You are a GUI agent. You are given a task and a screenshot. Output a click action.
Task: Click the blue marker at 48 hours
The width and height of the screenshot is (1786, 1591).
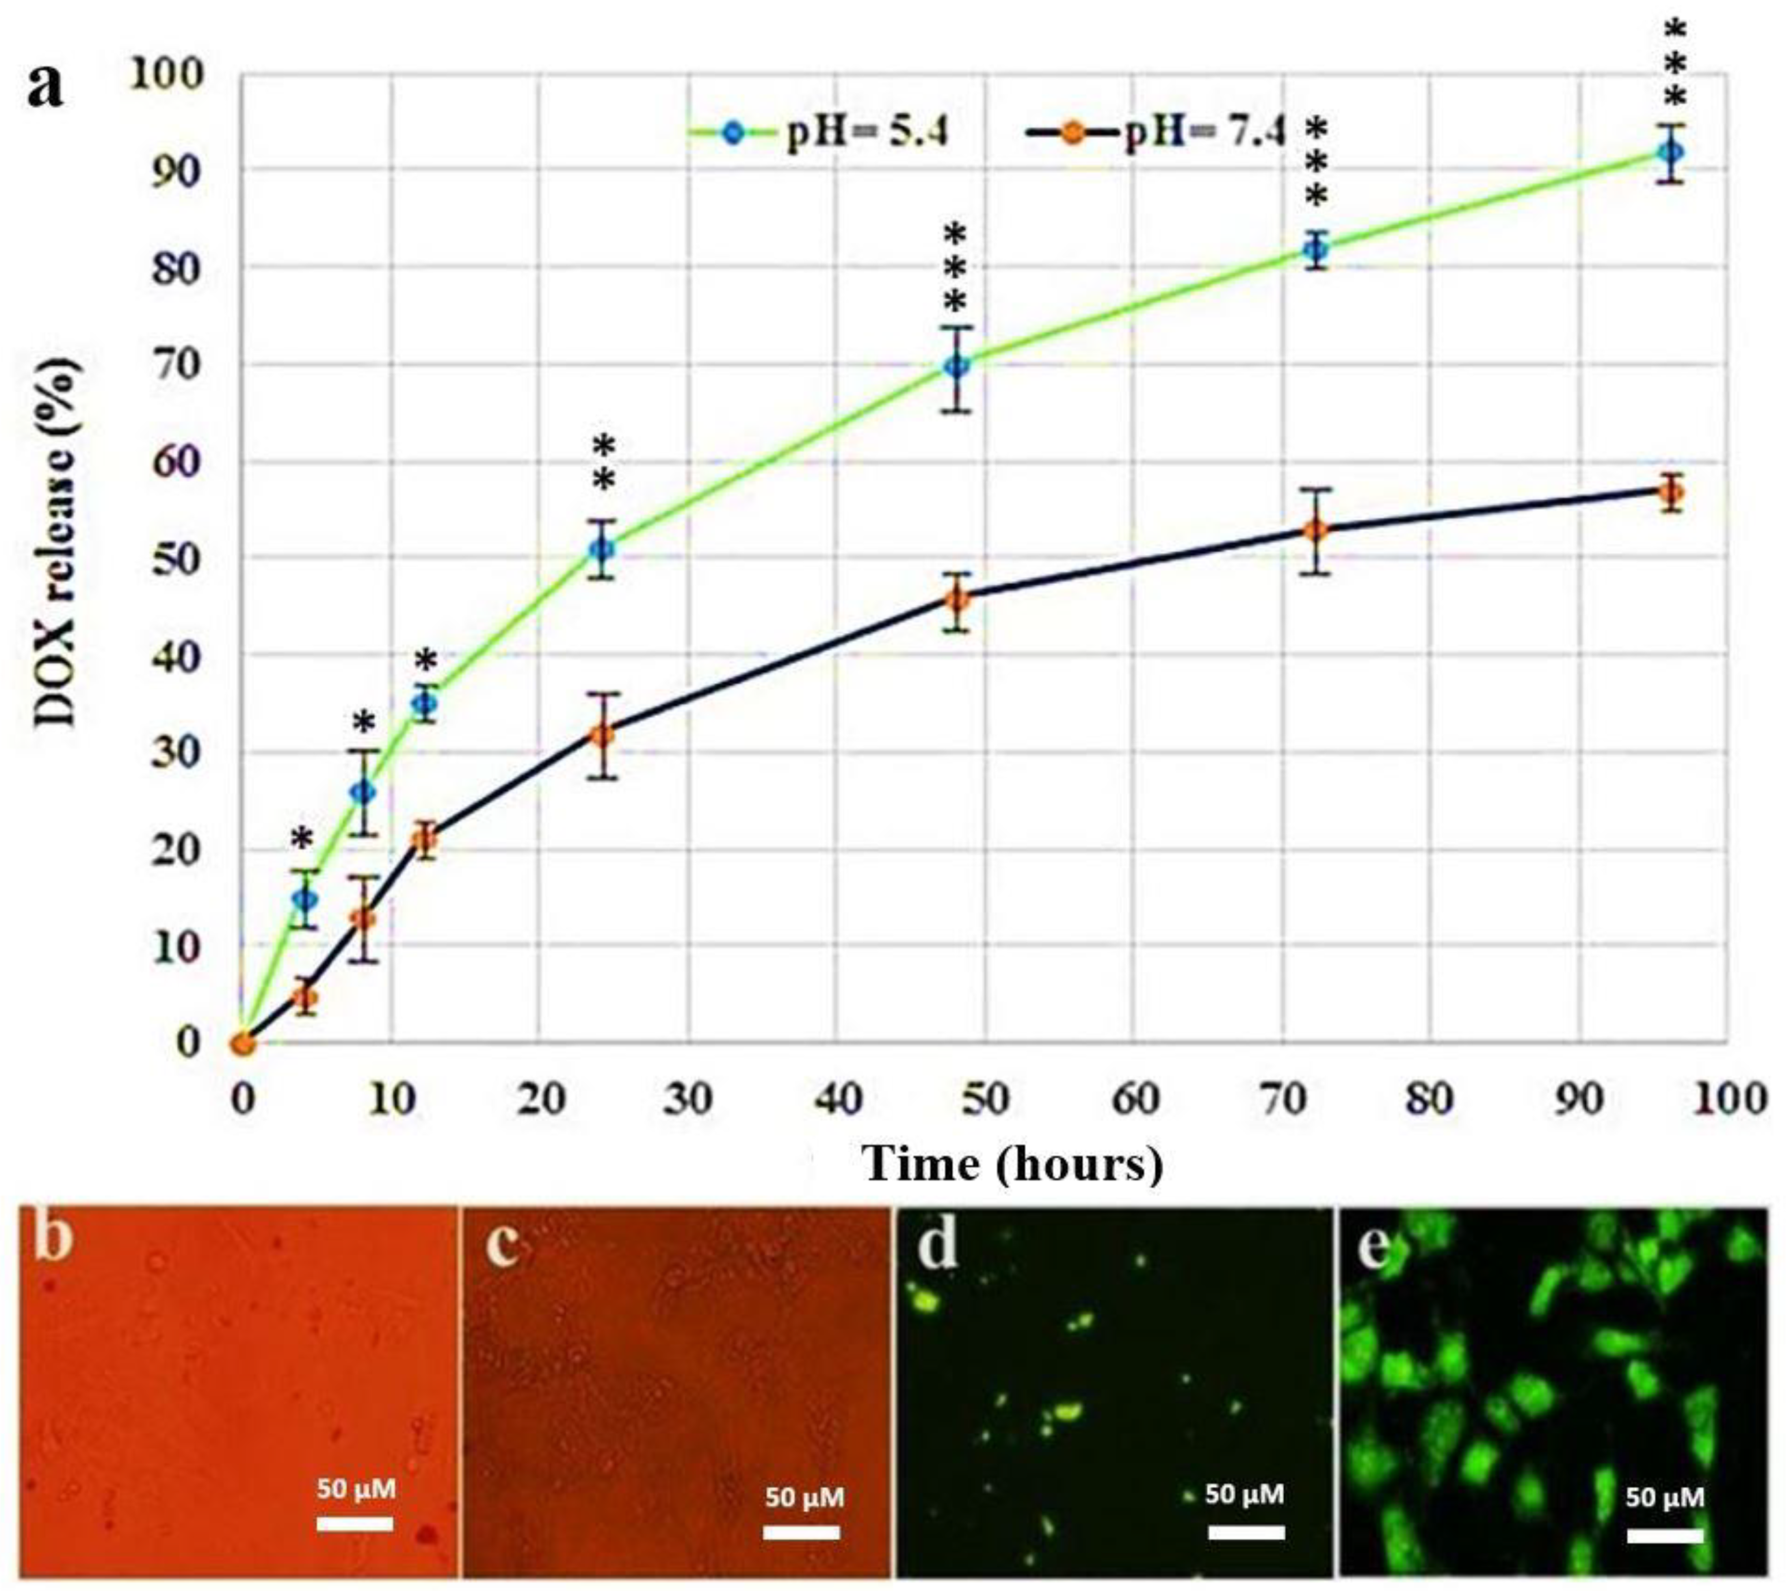click(958, 365)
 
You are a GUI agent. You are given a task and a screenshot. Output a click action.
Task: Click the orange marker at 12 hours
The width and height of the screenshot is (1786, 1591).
click(424, 841)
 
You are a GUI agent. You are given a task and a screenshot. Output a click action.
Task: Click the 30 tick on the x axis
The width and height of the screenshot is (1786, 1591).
click(687, 1099)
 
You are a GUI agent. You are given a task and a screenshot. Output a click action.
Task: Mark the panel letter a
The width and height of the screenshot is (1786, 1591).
click(45, 87)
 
